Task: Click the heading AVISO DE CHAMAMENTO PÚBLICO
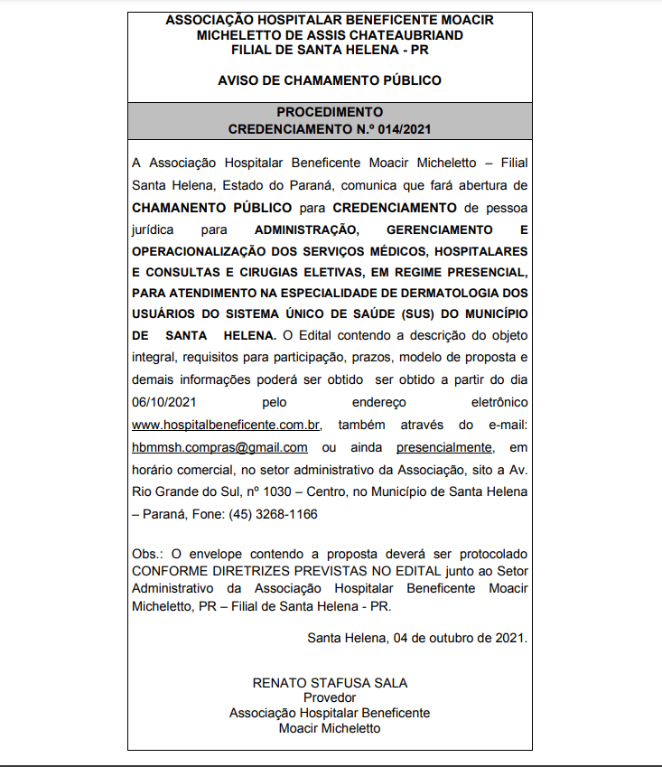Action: pyautogui.click(x=330, y=80)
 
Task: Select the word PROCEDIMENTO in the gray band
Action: pyautogui.click(x=330, y=112)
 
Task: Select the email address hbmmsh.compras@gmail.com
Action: pyautogui.click(x=219, y=447)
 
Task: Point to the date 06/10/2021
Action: pyautogui.click(x=164, y=402)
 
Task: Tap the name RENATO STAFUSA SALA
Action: pyautogui.click(x=330, y=683)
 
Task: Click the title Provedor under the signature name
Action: pyautogui.click(x=330, y=697)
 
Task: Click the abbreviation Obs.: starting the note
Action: pyautogui.click(x=149, y=553)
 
